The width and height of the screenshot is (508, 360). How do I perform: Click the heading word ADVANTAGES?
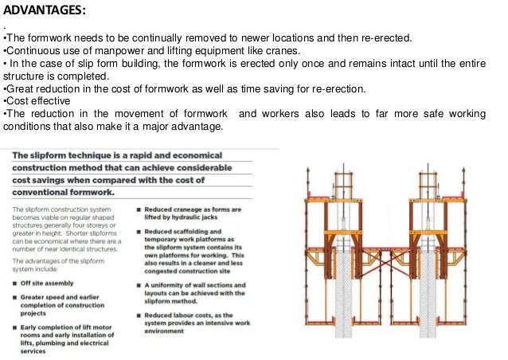(x=45, y=10)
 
